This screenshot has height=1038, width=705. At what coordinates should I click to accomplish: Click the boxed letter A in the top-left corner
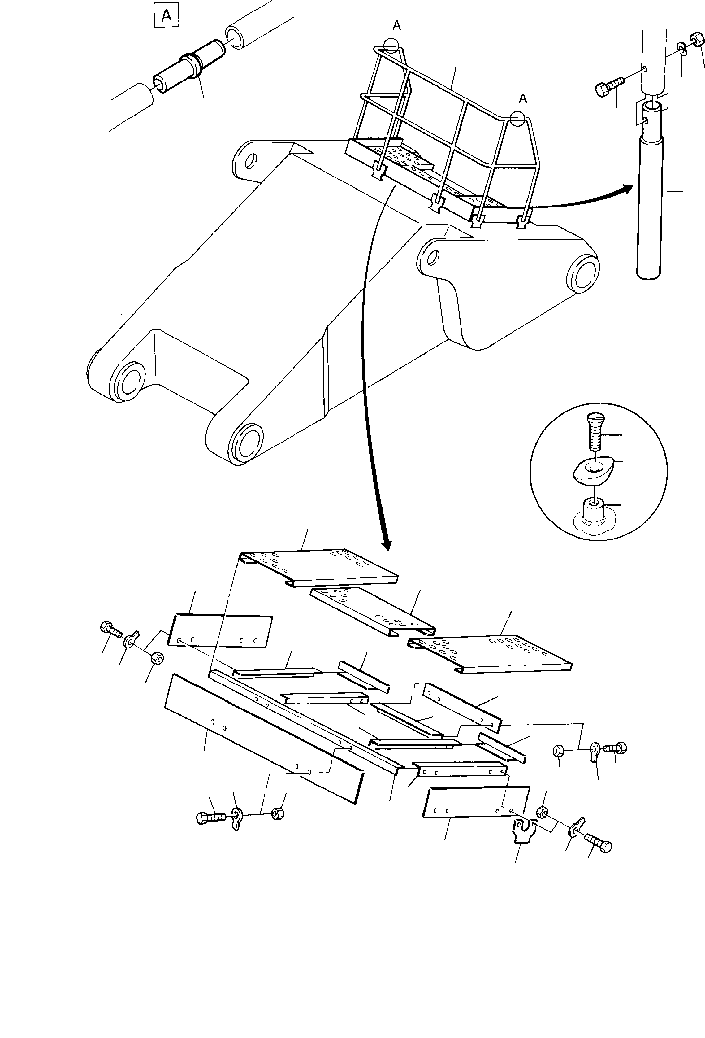pyautogui.click(x=166, y=16)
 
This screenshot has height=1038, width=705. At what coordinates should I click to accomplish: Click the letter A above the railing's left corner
pyautogui.click(x=396, y=26)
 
